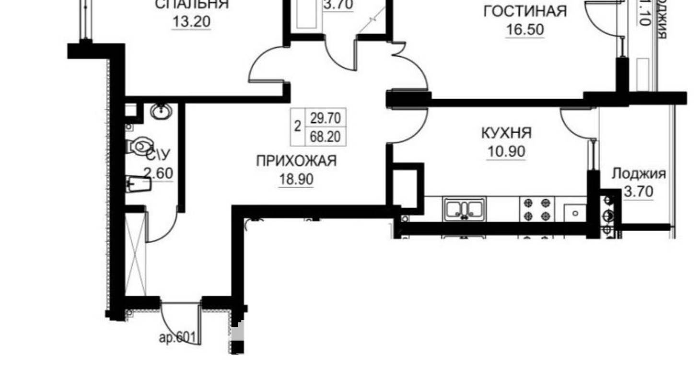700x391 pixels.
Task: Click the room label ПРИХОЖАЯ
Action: (296, 161)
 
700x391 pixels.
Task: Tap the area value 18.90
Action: (296, 179)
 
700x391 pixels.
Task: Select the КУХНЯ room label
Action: (506, 132)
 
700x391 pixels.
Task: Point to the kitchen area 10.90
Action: (506, 151)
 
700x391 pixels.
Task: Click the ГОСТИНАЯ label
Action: (525, 11)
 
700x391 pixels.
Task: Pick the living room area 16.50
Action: (525, 30)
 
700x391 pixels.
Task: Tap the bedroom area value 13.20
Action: (191, 22)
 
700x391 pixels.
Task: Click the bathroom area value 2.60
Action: (158, 172)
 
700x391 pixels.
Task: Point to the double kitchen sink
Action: (464, 209)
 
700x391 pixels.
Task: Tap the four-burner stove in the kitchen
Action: (537, 209)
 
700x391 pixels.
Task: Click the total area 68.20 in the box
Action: (325, 137)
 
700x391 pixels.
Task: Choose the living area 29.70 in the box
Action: (325, 117)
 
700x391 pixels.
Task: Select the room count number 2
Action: (297, 127)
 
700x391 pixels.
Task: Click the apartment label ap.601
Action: (177, 337)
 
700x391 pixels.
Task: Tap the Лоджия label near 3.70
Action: (639, 173)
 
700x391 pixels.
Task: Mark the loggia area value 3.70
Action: (639, 192)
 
